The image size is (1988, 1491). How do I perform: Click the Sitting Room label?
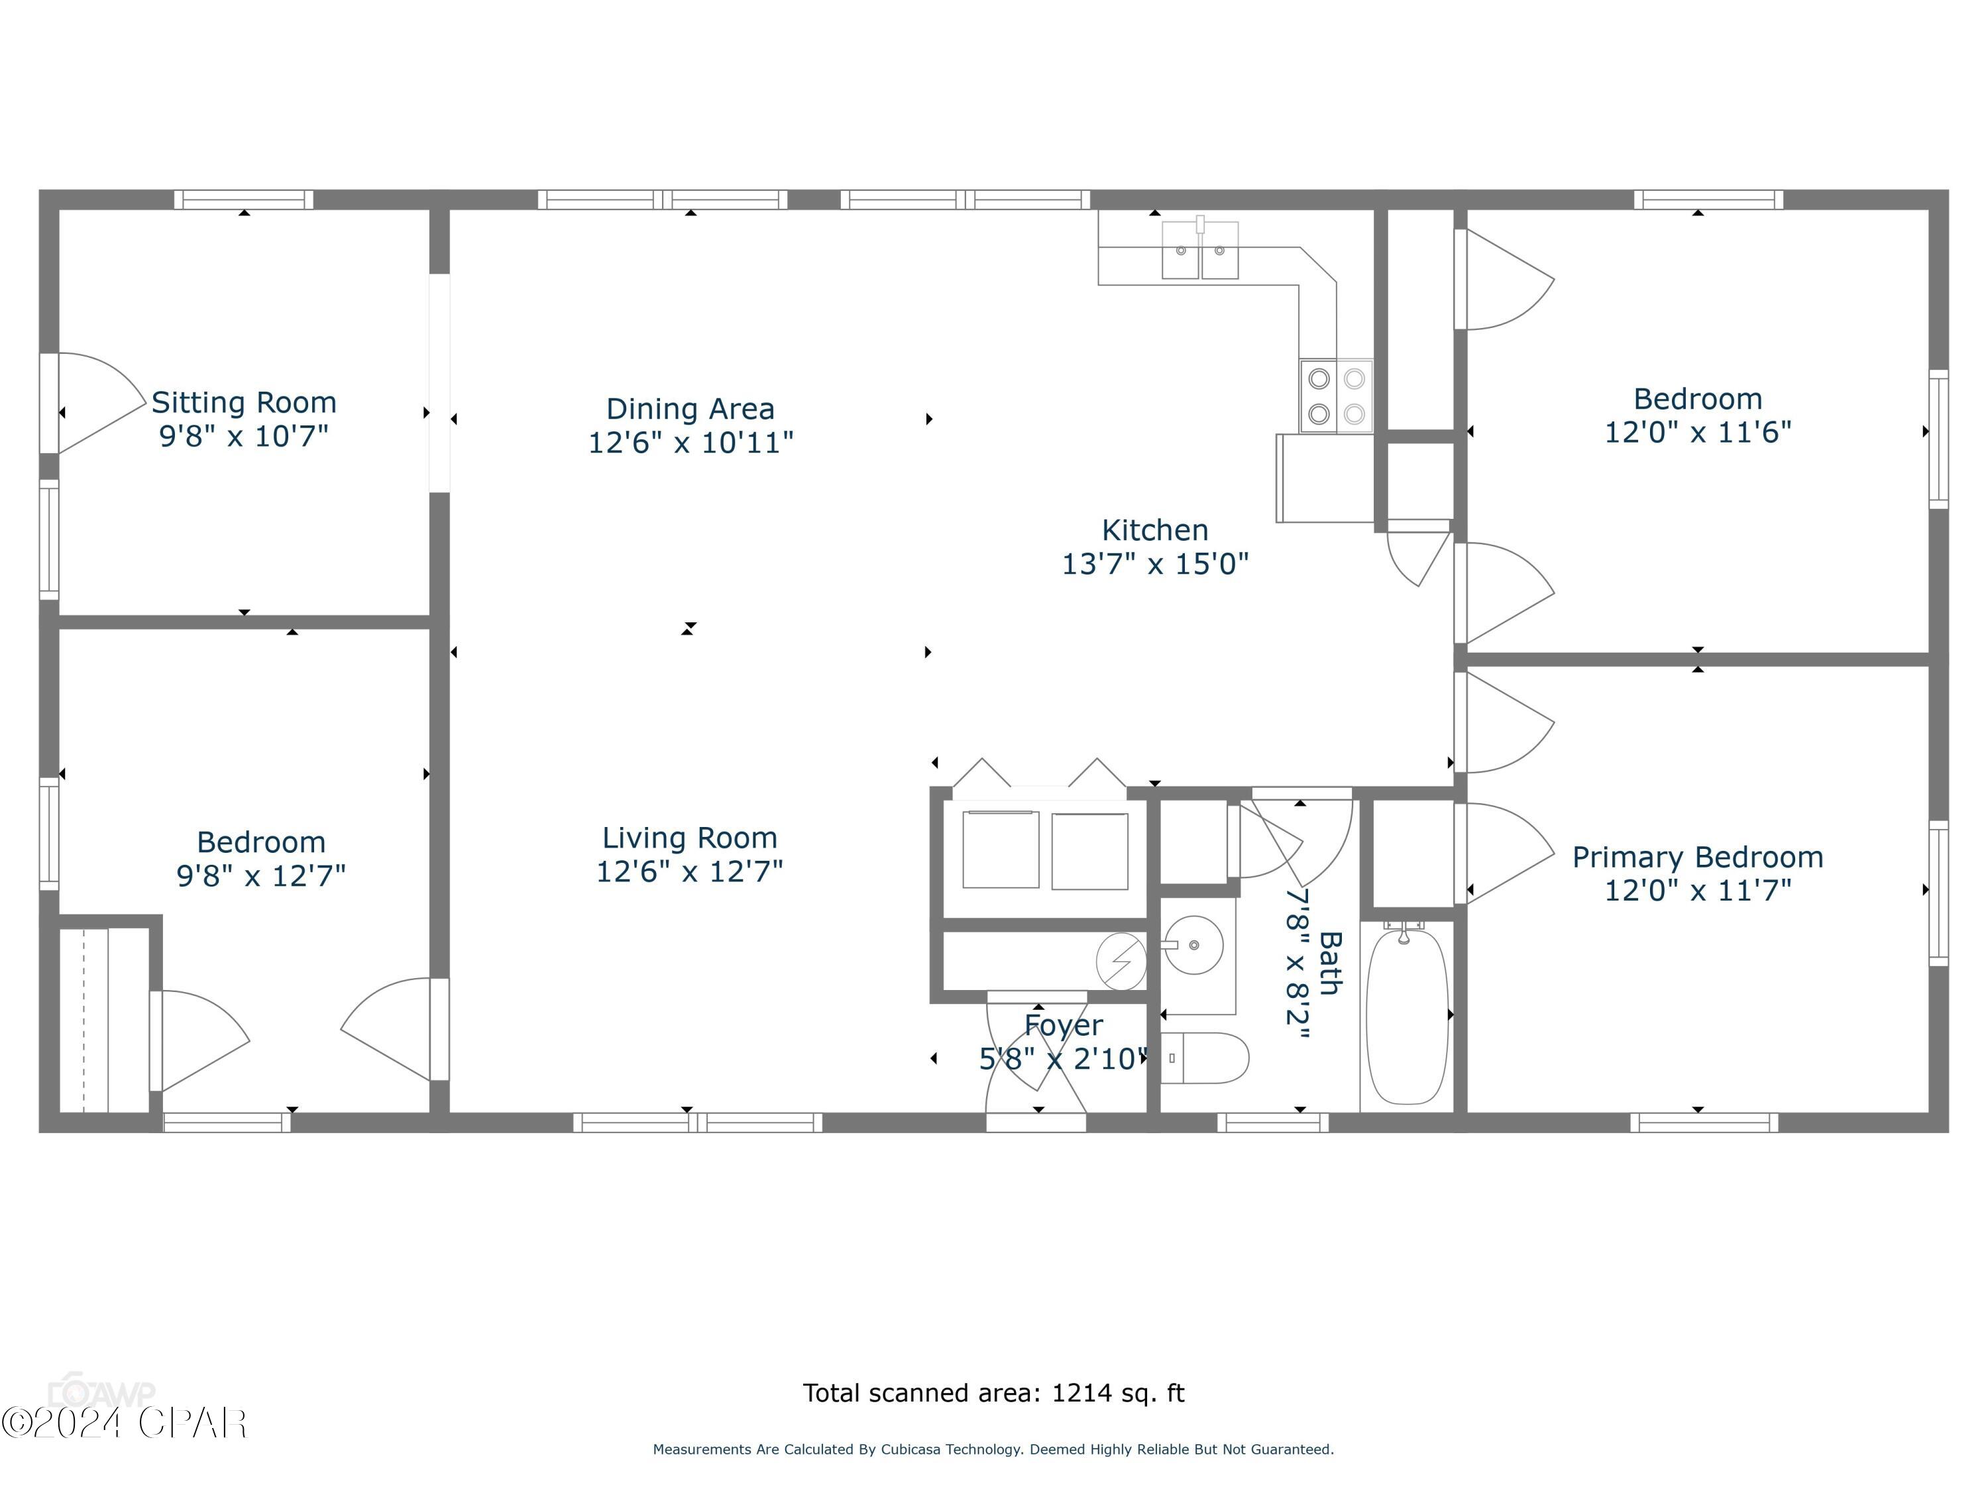(x=244, y=403)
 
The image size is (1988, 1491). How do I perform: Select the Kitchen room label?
(x=1155, y=530)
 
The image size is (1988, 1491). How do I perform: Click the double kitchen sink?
(x=1200, y=250)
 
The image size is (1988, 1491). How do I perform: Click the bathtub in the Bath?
(x=1407, y=1017)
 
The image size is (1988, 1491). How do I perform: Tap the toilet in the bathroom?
(x=1204, y=1058)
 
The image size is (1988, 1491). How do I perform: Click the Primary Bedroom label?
(x=1697, y=857)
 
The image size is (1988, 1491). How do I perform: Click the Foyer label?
(x=1063, y=1025)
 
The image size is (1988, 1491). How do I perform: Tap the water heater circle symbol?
(x=1121, y=961)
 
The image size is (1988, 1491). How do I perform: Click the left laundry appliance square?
(x=1000, y=850)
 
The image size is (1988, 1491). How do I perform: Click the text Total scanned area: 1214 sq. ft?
(x=993, y=1393)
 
